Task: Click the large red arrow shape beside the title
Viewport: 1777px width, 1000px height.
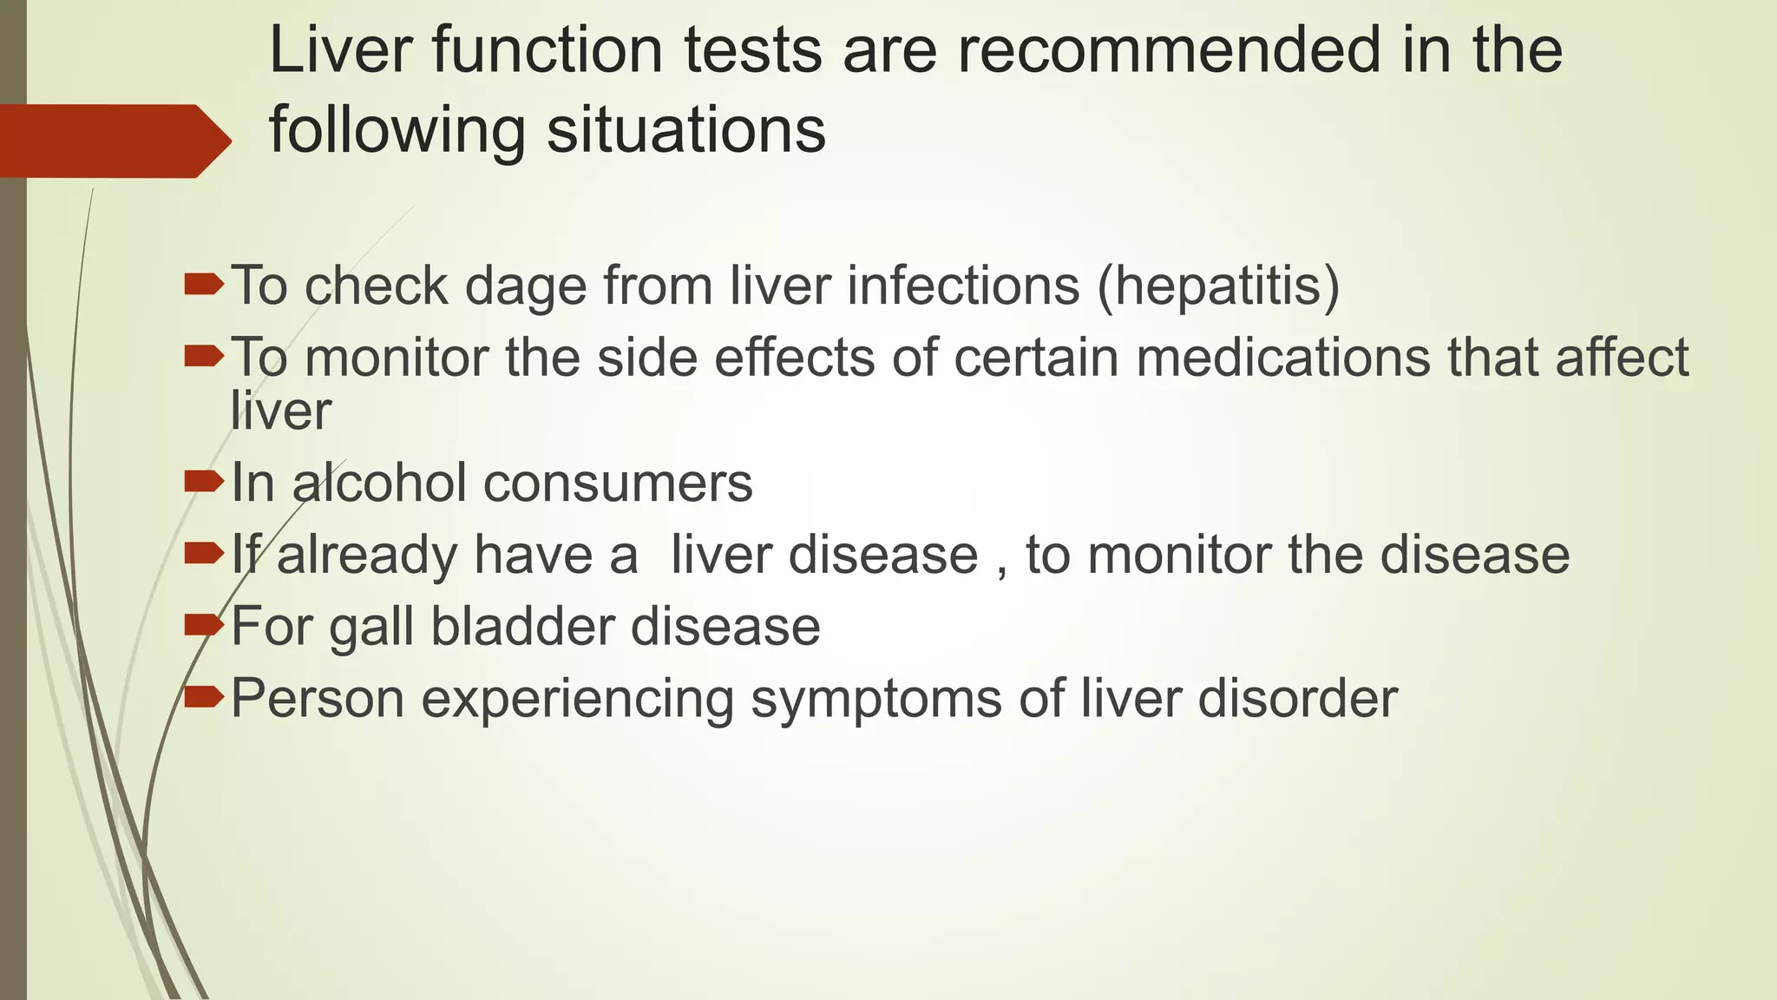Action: pos(113,141)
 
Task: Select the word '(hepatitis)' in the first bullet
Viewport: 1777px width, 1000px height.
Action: pos(1218,286)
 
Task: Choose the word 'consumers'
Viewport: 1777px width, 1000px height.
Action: pos(618,483)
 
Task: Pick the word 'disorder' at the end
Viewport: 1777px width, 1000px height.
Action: pos(1298,698)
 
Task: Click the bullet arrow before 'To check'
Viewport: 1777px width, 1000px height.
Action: pos(205,283)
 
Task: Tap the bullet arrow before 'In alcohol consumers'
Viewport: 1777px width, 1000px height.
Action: pos(205,480)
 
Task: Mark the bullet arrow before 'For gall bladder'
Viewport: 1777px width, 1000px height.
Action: pos(205,623)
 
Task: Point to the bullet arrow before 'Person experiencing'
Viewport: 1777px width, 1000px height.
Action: pos(205,694)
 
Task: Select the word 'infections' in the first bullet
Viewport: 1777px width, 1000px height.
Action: pos(963,286)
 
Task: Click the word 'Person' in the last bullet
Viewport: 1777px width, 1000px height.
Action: pos(318,698)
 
